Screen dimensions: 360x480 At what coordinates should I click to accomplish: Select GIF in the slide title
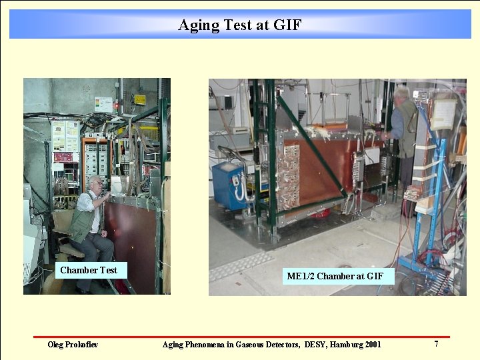[x=287, y=25]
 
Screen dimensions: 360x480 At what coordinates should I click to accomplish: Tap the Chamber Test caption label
[x=88, y=270]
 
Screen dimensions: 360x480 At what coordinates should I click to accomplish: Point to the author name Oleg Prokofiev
[x=73, y=345]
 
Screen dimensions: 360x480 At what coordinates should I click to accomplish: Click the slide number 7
[x=436, y=344]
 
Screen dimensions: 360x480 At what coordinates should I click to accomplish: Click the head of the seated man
[x=95, y=183]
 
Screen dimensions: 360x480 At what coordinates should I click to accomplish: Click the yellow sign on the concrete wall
[x=139, y=99]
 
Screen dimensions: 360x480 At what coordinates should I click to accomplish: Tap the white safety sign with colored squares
[x=103, y=104]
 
